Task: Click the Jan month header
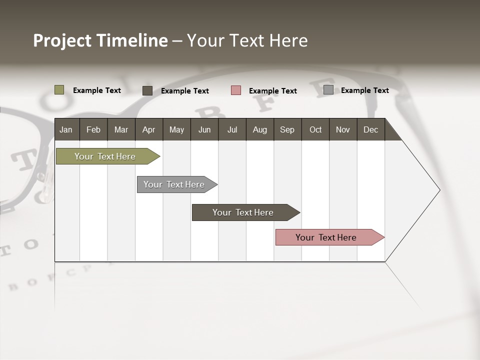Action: (66, 129)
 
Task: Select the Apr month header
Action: (148, 129)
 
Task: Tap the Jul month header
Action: (232, 129)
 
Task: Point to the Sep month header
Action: (287, 129)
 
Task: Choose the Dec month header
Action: (370, 129)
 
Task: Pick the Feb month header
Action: (93, 129)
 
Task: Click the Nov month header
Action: (342, 129)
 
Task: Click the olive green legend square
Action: (59, 90)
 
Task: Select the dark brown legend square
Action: (147, 90)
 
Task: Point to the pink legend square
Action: (235, 90)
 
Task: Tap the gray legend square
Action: (328, 90)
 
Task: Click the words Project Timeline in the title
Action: (100, 40)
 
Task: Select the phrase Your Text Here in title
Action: (247, 40)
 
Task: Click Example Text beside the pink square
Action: (272, 91)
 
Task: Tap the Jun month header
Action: (204, 129)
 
